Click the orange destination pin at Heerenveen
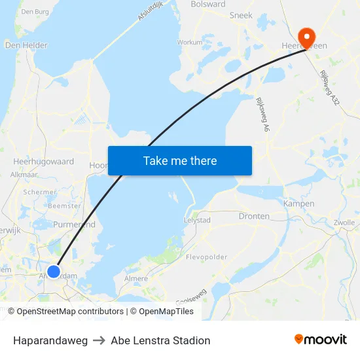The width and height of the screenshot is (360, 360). pyautogui.click(x=306, y=36)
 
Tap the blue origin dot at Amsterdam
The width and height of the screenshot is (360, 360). pyautogui.click(x=54, y=271)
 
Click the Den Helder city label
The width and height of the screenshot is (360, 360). pyautogui.click(x=26, y=45)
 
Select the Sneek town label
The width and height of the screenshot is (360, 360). pyautogui.click(x=241, y=14)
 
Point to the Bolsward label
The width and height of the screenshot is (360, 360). pyautogui.click(x=208, y=4)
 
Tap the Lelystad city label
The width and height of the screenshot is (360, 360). pyautogui.click(x=197, y=221)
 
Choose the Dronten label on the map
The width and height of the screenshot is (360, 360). pyautogui.click(x=255, y=216)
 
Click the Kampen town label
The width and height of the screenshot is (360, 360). pyautogui.click(x=299, y=204)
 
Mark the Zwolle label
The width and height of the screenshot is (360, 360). pyautogui.click(x=344, y=223)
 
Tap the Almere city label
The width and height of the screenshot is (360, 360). pyautogui.click(x=136, y=279)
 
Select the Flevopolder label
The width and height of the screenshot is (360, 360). pyautogui.click(x=206, y=257)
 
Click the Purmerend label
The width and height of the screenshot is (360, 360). pyautogui.click(x=74, y=225)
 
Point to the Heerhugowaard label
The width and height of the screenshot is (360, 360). pyautogui.click(x=44, y=161)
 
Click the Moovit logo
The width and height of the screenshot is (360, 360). pyautogui.click(x=321, y=340)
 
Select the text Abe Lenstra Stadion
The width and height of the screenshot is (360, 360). pyautogui.click(x=160, y=340)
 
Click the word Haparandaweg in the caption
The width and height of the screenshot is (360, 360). pyautogui.click(x=50, y=340)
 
